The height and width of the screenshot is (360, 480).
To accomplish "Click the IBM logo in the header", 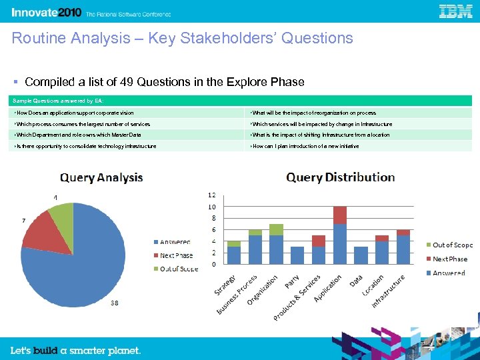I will tap(456, 11).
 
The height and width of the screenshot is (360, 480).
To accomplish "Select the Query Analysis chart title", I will tap(101, 177).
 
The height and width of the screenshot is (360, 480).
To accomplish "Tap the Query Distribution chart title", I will tap(340, 177).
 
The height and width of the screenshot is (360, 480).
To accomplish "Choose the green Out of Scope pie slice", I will tap(62, 215).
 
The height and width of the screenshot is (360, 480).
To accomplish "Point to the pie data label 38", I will tap(114, 303).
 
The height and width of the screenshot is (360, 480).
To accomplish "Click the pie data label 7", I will tap(24, 220).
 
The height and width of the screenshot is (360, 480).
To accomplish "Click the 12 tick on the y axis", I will tap(212, 195).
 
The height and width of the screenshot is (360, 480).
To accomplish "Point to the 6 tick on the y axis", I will tap(213, 230).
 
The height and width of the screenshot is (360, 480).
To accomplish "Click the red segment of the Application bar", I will tap(340, 215).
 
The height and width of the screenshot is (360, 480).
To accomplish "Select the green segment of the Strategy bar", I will tap(234, 243).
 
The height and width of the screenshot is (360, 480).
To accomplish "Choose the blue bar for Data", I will tap(361, 255).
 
